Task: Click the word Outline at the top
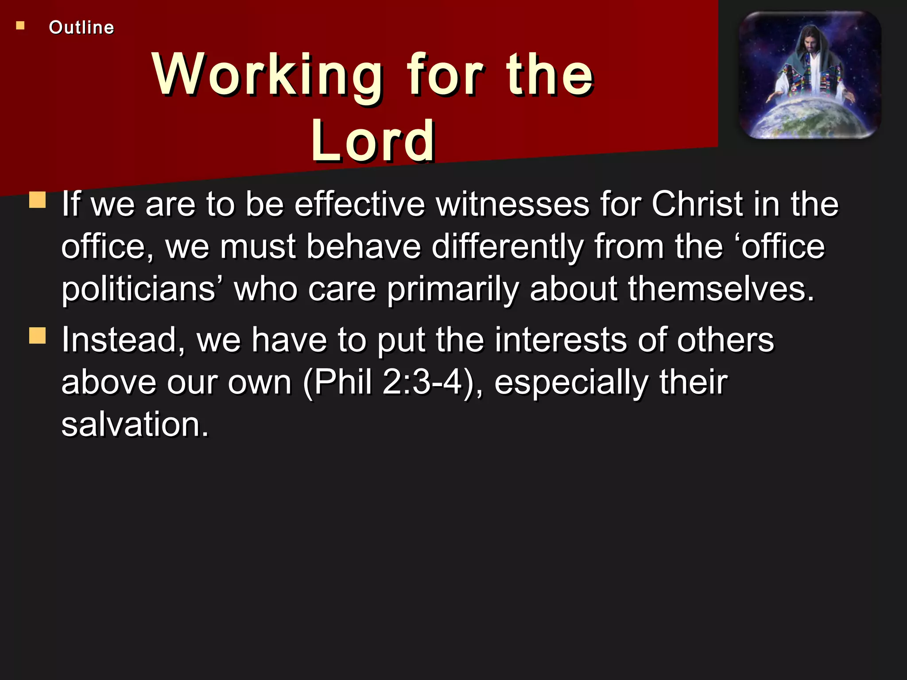(81, 27)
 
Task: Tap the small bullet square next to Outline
(20, 26)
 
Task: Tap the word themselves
(721, 289)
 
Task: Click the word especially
(571, 383)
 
